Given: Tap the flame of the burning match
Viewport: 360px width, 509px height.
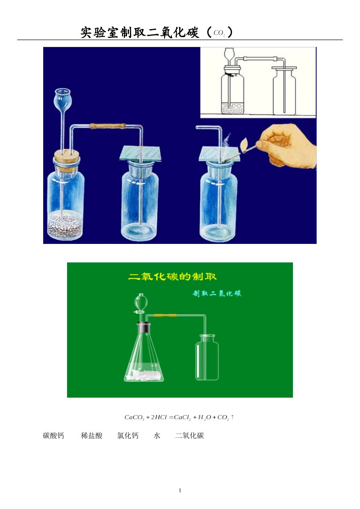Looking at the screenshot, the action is pos(245,142).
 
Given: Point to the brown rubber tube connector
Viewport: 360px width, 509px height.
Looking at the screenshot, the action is pos(108,126).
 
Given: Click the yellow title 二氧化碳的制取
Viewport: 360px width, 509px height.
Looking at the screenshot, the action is pos(172,276).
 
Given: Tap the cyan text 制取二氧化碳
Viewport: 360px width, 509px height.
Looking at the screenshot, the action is pos(217,294).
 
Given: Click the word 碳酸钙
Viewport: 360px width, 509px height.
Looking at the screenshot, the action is pos(53,436).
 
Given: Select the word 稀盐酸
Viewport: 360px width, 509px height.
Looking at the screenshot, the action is pos(92,436).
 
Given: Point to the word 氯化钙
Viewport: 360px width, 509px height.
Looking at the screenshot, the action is pos(128,436).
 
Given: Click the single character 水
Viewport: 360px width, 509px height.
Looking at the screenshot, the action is pos(157,436).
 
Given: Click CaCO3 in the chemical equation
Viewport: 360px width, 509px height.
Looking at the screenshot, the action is pos(135,417).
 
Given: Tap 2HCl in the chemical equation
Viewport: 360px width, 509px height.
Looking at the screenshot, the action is pos(159,417).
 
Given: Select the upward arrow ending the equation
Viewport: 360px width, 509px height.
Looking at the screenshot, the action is pos(232,417).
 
